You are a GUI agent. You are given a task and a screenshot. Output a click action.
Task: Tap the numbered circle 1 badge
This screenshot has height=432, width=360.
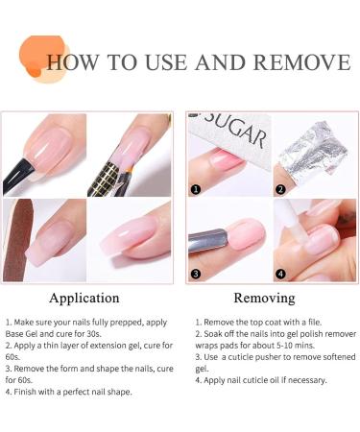[x=194, y=189]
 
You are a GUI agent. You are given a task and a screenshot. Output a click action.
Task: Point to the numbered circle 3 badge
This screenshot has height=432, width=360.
[x=194, y=273]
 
